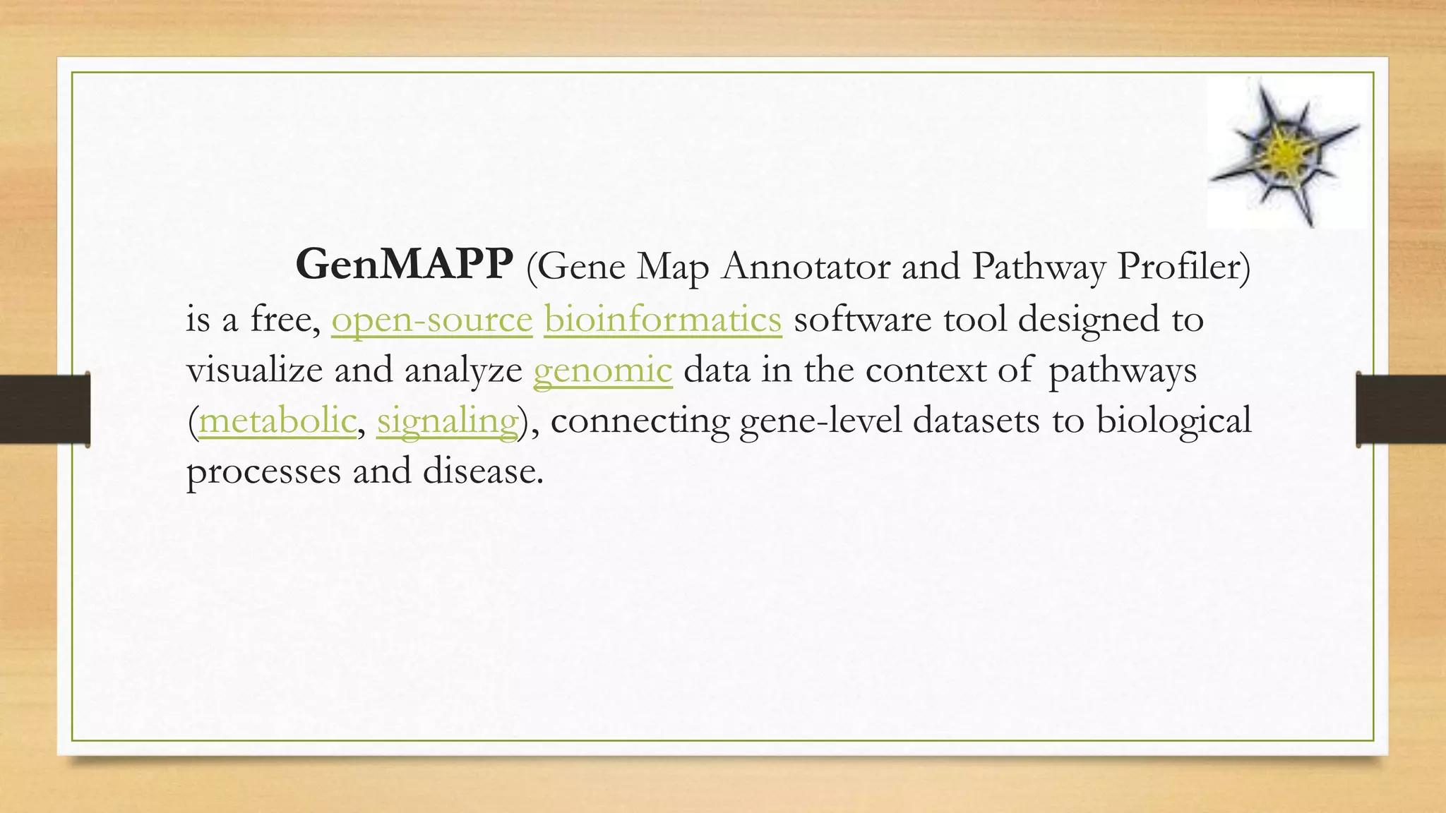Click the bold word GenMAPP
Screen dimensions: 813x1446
pyautogui.click(x=404, y=265)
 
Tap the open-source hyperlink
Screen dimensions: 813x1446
pyautogui.click(x=431, y=319)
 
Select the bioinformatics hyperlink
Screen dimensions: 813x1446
pyautogui.click(x=662, y=319)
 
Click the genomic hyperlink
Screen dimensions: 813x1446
pyautogui.click(x=602, y=371)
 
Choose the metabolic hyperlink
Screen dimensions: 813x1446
pyautogui.click(x=277, y=421)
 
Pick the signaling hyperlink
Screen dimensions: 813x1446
pyautogui.click(x=447, y=421)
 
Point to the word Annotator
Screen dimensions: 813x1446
pyautogui.click(x=805, y=267)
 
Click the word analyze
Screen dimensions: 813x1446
pyautogui.click(x=463, y=371)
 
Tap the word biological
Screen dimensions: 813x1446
pyautogui.click(x=1173, y=421)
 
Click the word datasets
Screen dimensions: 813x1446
pyautogui.click(x=976, y=421)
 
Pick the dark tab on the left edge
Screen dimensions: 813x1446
pyautogui.click(x=44, y=409)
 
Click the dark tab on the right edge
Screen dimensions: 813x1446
pyautogui.click(x=1401, y=409)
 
